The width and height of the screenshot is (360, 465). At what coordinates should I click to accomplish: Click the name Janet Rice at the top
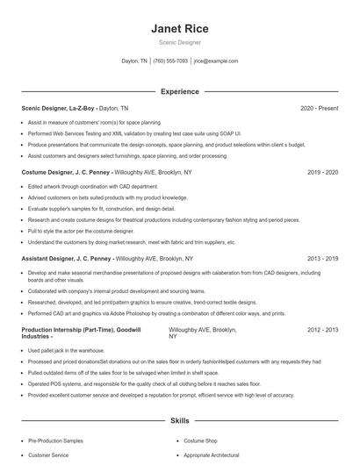pos(179,29)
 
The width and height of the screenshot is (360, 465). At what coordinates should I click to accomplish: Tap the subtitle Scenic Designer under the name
pos(179,42)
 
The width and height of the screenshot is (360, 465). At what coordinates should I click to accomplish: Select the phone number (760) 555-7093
pos(170,61)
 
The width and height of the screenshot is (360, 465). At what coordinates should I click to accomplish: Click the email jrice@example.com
pos(216,61)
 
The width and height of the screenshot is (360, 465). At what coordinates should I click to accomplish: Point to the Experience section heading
pos(179,91)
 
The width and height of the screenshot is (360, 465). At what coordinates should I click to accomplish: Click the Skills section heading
pos(179,421)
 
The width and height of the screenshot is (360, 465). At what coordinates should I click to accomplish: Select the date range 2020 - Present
pos(319,108)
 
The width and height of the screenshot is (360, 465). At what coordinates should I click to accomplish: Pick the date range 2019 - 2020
pos(322,173)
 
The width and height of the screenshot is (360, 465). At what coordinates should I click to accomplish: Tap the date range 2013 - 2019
pos(322,259)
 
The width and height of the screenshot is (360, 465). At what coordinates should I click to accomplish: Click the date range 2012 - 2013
pos(322,329)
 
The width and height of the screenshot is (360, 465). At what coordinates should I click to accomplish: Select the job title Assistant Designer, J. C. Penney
pos(67,259)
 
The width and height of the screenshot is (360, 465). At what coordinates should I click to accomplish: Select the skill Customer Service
pos(49,455)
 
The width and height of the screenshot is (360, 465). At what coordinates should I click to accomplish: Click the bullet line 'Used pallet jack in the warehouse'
pos(67,350)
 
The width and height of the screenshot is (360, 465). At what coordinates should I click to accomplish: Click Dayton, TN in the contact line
pos(134,61)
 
